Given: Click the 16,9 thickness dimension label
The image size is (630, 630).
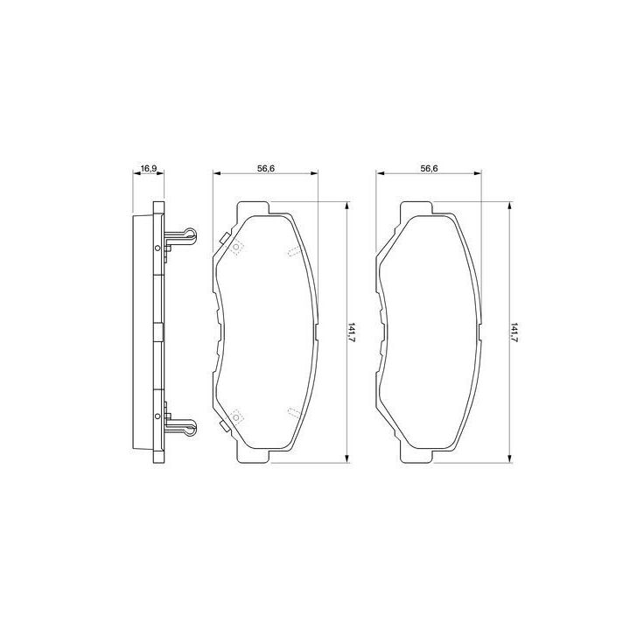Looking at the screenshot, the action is coord(149,168).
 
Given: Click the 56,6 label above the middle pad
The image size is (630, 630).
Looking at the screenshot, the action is coord(266,168).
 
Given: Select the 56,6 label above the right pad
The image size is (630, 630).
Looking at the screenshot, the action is coord(429,168).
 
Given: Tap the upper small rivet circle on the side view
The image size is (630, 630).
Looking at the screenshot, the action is coord(157,248).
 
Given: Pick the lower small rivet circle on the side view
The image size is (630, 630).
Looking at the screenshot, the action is coord(157,416).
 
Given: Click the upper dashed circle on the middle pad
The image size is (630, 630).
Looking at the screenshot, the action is coord(236,247).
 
